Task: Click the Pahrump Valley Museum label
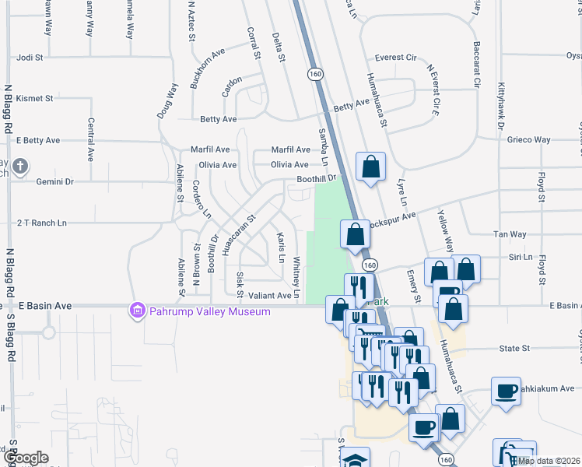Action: click(209, 311)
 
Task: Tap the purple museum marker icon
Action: click(138, 311)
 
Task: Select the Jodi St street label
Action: click(29, 58)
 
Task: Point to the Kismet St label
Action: click(34, 99)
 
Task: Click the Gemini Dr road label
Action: click(54, 181)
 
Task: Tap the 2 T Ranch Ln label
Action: click(42, 223)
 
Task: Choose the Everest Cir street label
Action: click(400, 58)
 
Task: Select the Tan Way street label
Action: click(510, 234)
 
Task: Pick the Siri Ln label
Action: click(521, 256)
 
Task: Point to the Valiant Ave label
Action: click(269, 296)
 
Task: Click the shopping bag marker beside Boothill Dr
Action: click(371, 166)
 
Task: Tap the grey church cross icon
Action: click(19, 166)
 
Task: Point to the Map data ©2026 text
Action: click(549, 461)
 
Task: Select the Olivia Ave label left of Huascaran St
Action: click(218, 165)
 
